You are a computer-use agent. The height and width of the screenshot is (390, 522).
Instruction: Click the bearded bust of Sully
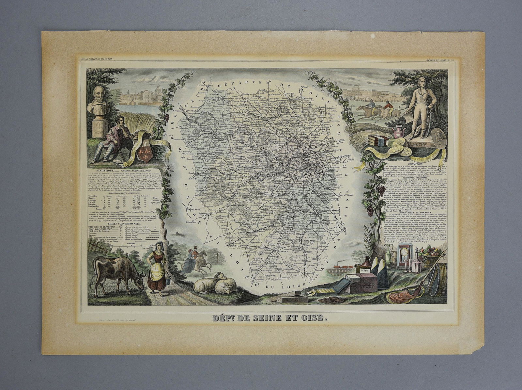(x=97, y=98)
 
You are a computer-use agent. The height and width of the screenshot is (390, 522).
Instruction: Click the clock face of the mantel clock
(x=403, y=252)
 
